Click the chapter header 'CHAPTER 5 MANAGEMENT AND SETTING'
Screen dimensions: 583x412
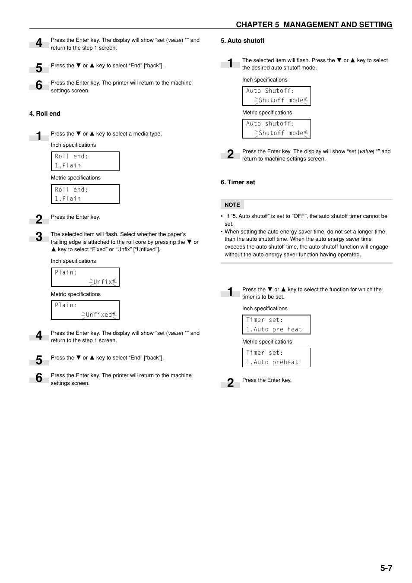coord(314,25)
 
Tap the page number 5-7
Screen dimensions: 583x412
coord(386,568)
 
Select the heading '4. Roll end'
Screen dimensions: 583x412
coord(45,113)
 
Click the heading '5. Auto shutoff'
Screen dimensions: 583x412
coord(242,41)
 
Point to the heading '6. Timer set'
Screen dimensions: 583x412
coord(238,182)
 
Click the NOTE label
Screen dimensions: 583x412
coord(232,205)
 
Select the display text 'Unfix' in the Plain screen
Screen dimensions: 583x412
coord(103,282)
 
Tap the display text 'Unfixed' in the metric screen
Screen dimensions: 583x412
coord(99,315)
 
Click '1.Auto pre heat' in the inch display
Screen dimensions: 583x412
coord(274,329)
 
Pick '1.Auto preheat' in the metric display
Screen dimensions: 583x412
coord(272,362)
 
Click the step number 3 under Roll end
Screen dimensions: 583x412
coord(39,236)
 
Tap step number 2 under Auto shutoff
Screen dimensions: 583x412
coord(230,154)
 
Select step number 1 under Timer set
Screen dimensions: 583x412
coord(230,292)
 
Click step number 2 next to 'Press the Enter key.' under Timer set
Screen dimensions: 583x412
coord(230,383)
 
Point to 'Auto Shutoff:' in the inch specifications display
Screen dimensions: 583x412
coord(270,91)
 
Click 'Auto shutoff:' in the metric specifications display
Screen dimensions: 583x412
coord(270,123)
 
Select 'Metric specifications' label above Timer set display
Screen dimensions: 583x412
coord(267,341)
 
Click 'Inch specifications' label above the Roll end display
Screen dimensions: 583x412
coord(73,145)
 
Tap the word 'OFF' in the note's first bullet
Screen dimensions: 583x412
coord(299,216)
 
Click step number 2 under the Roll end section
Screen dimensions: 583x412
coord(39,219)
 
